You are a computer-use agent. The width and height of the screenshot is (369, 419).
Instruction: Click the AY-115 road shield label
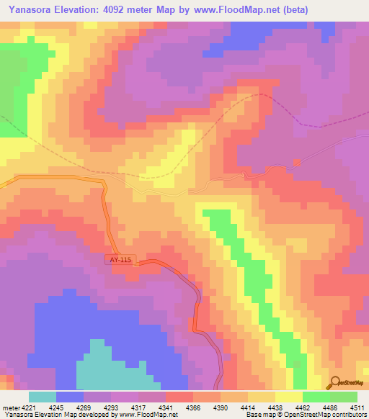click(x=120, y=259)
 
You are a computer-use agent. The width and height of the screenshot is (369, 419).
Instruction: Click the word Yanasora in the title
click(x=30, y=10)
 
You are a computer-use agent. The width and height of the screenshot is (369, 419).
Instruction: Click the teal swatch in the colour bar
click(x=43, y=397)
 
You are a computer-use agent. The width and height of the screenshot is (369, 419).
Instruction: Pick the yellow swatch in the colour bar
click(x=289, y=397)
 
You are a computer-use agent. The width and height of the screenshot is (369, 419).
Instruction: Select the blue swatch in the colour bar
click(x=70, y=397)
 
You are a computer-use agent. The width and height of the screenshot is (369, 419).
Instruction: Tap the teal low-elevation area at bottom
click(x=108, y=367)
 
